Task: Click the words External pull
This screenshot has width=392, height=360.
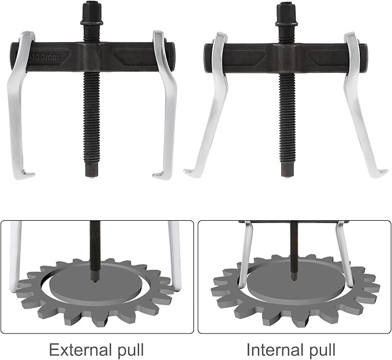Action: [96, 350]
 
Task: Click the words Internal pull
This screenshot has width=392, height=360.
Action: [291, 350]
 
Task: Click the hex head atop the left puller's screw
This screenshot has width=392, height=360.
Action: [92, 10]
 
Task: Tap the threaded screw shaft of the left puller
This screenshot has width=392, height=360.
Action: [92, 116]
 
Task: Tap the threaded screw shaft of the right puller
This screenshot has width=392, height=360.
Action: [286, 116]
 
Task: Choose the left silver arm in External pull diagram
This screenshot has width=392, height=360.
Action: [16, 254]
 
